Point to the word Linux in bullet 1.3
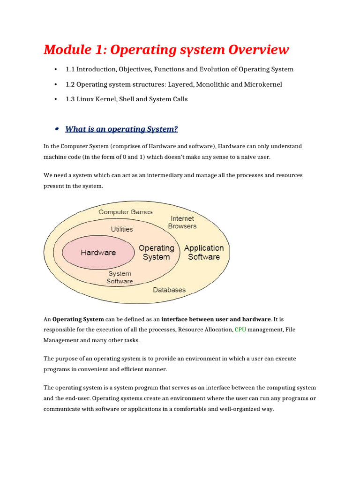click(x=86, y=99)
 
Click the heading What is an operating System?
click(x=121, y=129)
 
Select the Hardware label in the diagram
click(x=98, y=253)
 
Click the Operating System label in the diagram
click(x=156, y=252)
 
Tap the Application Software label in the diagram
click(x=204, y=252)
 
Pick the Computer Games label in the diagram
click(x=125, y=212)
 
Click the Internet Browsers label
click(x=182, y=222)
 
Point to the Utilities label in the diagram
click(x=121, y=229)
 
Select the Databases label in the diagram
click(x=169, y=290)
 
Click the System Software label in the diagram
click(x=120, y=277)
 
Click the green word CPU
click(x=240, y=330)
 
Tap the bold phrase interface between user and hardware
click(x=216, y=319)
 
